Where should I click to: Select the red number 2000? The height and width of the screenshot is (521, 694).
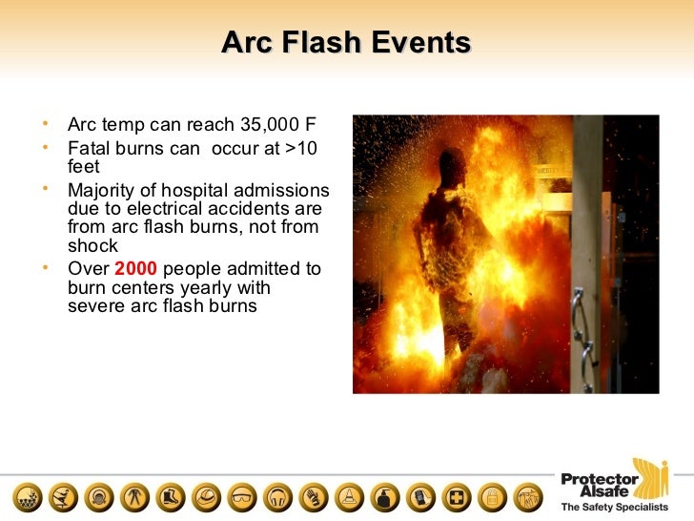135,269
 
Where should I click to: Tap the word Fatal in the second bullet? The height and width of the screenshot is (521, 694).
88,149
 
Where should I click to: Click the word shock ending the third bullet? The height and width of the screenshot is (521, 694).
92,244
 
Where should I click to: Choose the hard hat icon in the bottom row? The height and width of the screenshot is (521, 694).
206,497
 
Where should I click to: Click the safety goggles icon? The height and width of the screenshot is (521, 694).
244,497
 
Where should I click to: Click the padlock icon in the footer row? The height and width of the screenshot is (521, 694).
492,497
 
